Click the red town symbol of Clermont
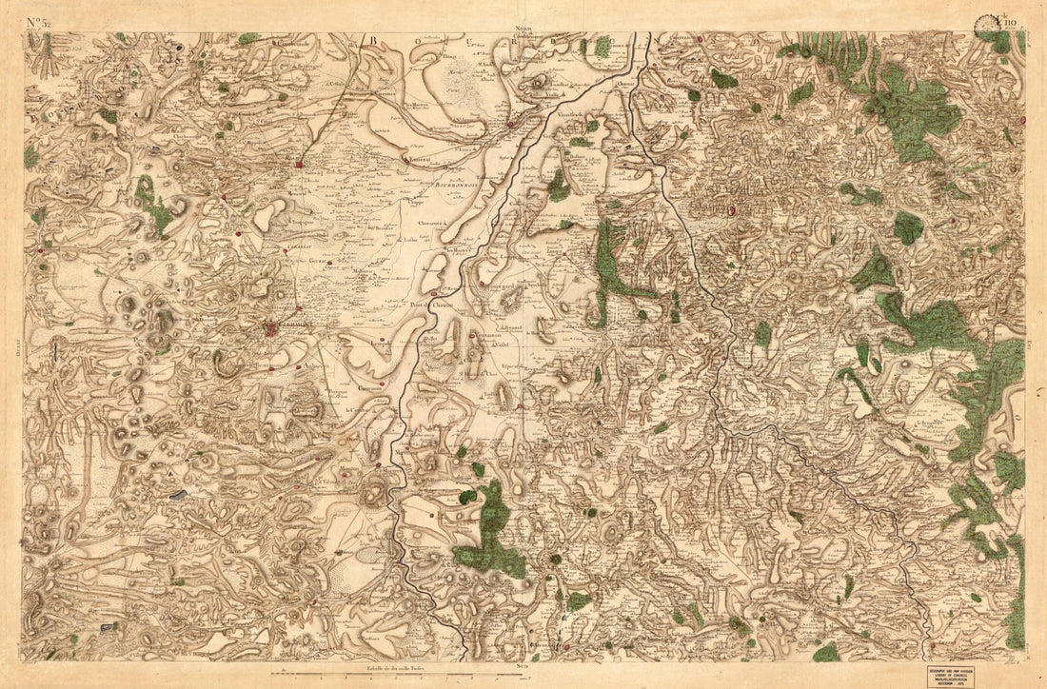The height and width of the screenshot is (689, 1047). tap(272, 328)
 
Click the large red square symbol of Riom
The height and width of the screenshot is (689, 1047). tap(298, 165)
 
